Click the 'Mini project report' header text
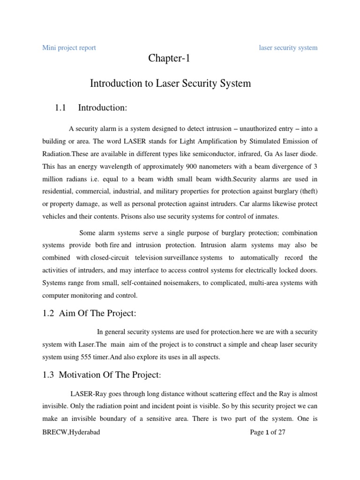(69, 48)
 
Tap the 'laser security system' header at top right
(288, 48)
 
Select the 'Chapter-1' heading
(169, 59)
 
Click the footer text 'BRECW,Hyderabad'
(71, 433)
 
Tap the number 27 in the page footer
(280, 433)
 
